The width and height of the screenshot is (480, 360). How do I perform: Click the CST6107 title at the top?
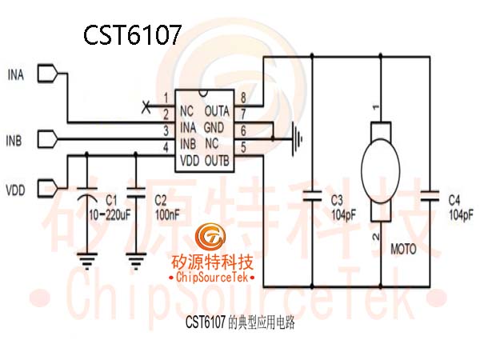coord(132,34)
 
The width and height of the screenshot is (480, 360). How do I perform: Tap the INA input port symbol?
coord(47,74)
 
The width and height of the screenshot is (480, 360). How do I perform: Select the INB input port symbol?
coord(47,139)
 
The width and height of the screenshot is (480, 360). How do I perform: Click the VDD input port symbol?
coord(47,188)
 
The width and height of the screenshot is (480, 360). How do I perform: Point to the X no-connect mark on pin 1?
coord(146,106)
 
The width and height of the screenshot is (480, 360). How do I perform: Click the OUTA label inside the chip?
coord(217,111)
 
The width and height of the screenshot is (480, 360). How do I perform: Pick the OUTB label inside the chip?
coord(217,161)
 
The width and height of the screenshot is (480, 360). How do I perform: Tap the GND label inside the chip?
coord(214,127)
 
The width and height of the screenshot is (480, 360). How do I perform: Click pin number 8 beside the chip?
coord(243,98)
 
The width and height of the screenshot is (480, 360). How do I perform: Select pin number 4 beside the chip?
coord(166,147)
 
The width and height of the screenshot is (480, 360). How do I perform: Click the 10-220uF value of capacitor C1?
coord(110,215)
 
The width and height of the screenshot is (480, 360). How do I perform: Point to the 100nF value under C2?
coord(167,215)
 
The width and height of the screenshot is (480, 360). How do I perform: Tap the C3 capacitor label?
coord(337,201)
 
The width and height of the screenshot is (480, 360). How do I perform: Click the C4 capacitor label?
coord(454,201)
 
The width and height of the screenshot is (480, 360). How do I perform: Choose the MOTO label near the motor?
coord(403,249)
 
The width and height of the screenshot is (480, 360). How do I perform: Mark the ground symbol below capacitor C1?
coord(87,261)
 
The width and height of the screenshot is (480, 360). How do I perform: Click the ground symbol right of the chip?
coord(298,139)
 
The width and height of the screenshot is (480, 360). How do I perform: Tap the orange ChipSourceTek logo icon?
coord(210,236)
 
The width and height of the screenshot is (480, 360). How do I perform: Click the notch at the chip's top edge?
coord(203,93)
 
